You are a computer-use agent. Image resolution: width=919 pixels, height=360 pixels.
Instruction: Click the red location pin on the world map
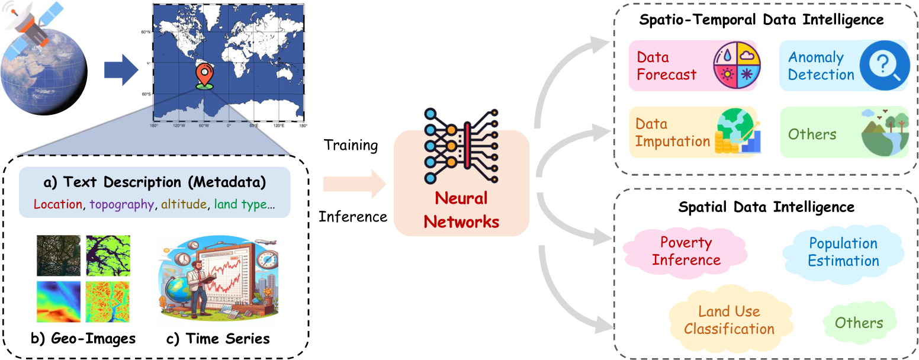204,75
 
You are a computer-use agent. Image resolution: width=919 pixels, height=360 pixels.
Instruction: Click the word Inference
353,216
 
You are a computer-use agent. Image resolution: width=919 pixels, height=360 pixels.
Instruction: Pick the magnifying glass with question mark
882,65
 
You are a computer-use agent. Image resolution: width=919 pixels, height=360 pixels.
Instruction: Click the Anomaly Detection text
821,66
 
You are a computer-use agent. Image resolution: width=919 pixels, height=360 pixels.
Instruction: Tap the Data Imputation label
672,133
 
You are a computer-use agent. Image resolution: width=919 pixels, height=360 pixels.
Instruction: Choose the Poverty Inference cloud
686,251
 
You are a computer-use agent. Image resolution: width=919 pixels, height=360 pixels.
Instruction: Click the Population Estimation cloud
843,252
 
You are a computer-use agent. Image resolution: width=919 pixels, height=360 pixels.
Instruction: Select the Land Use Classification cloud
729,320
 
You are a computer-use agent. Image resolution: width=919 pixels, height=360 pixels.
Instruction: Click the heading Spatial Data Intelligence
766,207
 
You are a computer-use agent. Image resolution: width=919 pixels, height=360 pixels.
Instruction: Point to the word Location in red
57,204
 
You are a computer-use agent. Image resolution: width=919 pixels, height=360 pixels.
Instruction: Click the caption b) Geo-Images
83,339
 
